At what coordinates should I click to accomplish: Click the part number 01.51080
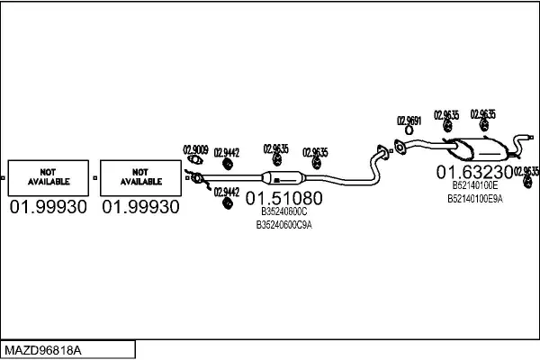283,197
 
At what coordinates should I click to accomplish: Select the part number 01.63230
474,171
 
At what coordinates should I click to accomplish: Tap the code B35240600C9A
283,225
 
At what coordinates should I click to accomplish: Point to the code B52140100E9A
474,198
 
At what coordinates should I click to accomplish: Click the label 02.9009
196,150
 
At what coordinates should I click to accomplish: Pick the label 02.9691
409,119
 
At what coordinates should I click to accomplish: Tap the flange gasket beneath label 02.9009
192,162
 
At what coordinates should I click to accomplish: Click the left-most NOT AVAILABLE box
48,177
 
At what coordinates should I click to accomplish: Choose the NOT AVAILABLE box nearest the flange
139,177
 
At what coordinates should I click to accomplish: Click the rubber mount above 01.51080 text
274,161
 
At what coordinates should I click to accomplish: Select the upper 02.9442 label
227,152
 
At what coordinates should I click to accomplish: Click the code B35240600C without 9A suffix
283,212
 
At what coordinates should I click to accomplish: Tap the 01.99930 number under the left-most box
49,207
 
